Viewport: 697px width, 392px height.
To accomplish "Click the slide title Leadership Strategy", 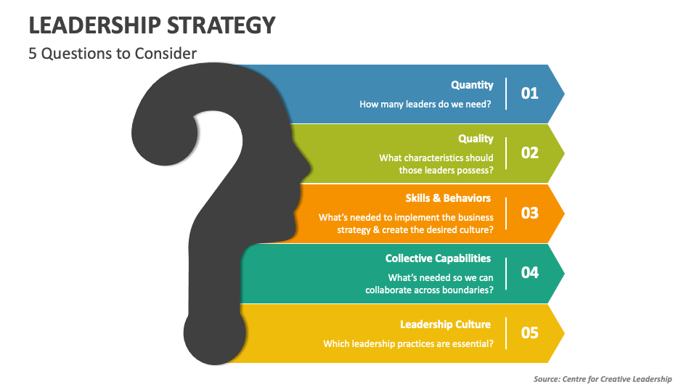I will point(152,25).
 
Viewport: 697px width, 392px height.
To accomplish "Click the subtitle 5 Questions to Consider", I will point(113,54).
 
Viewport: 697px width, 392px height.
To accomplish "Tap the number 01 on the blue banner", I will point(529,93).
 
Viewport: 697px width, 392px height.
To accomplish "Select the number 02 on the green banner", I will point(529,152).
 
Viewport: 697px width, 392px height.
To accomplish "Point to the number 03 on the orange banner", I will point(529,213).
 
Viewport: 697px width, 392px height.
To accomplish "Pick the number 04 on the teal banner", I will point(529,272).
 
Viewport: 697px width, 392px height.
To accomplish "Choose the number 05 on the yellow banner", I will point(529,332).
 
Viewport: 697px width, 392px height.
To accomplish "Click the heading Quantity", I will point(472,85).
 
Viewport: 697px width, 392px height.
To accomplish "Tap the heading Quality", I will point(476,139).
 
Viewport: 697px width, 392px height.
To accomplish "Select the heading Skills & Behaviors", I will point(448,198).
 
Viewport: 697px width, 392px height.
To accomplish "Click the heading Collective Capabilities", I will point(438,258).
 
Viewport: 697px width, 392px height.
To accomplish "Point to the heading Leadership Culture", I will point(445,324).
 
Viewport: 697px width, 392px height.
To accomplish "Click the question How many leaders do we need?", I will point(426,104).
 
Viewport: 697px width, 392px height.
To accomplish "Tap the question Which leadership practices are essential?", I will point(408,343).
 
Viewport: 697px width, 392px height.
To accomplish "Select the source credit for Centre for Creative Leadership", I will point(603,379).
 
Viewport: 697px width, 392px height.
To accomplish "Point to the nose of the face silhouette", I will point(298,169).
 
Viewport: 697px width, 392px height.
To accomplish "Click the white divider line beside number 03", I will point(506,213).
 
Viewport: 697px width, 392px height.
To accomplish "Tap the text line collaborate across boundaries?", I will point(429,290).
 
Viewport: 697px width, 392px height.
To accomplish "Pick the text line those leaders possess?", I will point(446,171).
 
